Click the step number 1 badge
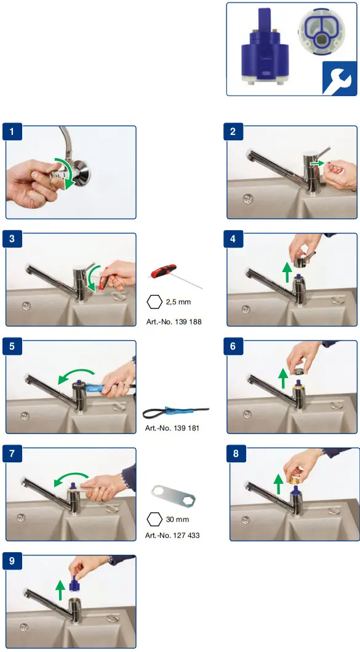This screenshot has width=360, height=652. tap(12, 132)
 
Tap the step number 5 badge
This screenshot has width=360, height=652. tap(12, 347)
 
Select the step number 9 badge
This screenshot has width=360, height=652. tap(12, 561)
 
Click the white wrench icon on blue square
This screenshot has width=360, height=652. tap(340, 78)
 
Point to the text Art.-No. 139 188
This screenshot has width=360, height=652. tap(174, 321)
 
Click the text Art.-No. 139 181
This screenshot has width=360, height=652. tap(172, 428)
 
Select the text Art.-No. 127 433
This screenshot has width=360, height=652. tap(172, 536)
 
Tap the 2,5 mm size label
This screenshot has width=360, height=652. tap(178, 302)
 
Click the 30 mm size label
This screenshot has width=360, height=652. tap(177, 520)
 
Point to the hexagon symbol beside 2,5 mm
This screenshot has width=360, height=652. tap(154, 302)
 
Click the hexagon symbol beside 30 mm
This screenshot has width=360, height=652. tap(154, 520)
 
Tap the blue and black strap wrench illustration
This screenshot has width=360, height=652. tap(175, 413)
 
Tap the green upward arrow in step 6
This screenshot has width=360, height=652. tap(283, 378)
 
